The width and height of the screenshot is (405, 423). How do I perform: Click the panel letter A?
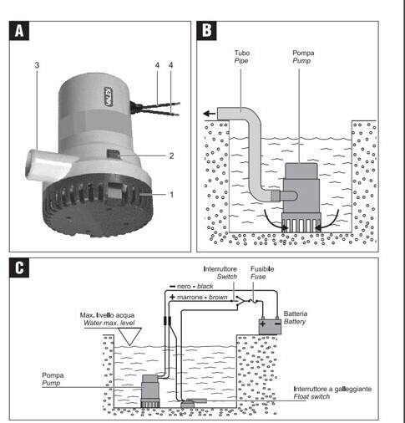coord(19,31)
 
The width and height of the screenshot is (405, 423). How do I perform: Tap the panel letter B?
coord(206,31)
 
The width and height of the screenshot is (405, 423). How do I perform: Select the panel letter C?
coord(19,268)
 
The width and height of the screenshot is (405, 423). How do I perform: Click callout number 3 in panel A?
coord(37,65)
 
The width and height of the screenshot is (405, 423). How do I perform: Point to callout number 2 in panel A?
coord(171,155)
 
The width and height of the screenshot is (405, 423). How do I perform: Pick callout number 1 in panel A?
coord(172,195)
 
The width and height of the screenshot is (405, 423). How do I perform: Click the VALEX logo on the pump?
coord(109,96)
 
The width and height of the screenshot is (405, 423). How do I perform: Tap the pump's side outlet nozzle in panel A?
coord(48,165)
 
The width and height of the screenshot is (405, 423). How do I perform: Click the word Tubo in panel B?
coord(242,53)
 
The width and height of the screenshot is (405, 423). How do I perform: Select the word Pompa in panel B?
coord(303,53)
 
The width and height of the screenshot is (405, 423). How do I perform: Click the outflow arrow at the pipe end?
coord(210,114)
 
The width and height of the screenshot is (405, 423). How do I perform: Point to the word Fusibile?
coord(262,269)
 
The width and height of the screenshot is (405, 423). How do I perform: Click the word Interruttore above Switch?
coord(220,269)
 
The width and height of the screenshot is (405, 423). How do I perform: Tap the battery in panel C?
coord(270,325)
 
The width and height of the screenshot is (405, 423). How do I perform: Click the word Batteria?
coord(296,313)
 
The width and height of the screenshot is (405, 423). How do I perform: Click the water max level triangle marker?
coord(129,336)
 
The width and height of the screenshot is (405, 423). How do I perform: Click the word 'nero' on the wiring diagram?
coord(184,287)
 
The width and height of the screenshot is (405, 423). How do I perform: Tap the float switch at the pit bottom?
coord(194,403)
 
